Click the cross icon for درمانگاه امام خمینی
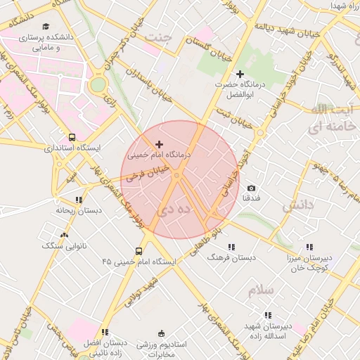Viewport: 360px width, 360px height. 158,143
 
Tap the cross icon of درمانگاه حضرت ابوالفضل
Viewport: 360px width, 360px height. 240,74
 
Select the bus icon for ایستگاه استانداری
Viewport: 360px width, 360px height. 72,138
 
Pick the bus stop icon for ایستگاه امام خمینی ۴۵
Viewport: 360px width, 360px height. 138,251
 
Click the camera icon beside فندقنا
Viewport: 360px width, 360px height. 251,188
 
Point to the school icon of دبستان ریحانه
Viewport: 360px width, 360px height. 79,200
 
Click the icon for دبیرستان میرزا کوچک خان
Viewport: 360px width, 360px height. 309,247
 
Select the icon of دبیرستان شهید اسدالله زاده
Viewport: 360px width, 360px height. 267,316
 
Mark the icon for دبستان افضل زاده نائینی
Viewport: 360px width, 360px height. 105,332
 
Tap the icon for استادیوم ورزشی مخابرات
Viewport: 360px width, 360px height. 162,333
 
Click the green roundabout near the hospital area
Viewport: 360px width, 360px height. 98,85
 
